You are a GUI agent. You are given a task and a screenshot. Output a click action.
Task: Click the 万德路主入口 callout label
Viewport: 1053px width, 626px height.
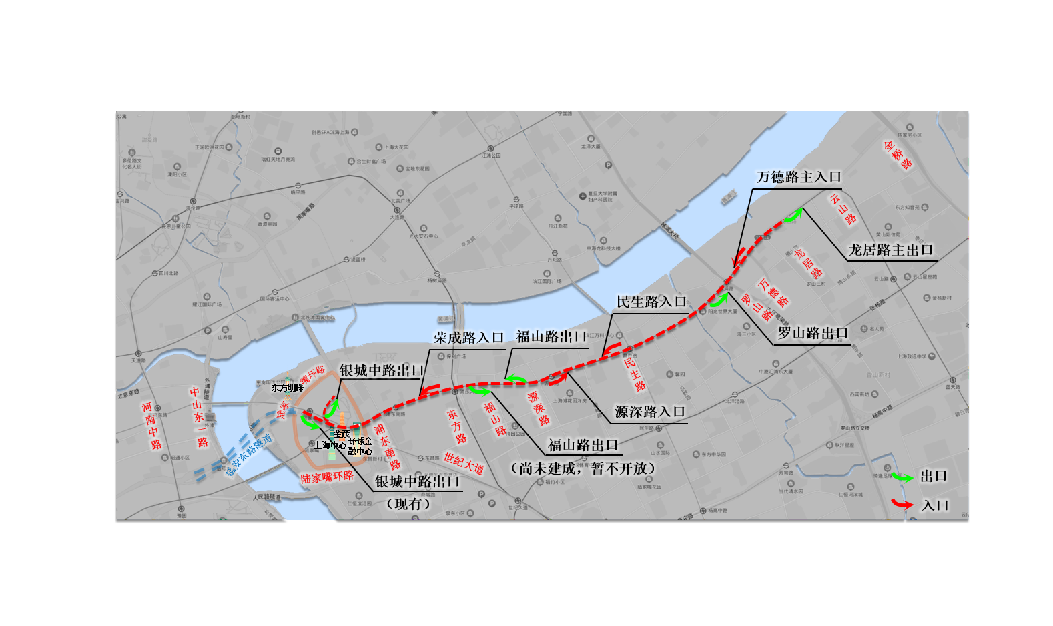799,177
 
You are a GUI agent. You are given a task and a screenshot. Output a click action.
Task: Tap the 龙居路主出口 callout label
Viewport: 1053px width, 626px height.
891,250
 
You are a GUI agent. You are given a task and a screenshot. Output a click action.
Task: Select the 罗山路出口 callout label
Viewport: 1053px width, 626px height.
813,333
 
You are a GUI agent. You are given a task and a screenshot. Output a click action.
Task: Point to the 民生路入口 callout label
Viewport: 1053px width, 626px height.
651,302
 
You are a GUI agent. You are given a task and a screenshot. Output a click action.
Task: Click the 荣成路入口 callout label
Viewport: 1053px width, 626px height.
468,338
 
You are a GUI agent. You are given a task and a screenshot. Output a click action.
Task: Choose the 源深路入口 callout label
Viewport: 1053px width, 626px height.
650,412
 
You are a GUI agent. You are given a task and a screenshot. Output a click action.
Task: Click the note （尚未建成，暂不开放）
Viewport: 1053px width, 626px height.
583,468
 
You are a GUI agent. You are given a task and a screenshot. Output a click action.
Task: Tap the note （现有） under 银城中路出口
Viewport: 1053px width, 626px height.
408,504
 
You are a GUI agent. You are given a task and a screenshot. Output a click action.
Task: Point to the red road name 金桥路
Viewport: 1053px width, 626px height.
898,155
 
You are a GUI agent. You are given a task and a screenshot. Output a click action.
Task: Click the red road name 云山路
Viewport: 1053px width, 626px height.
843,209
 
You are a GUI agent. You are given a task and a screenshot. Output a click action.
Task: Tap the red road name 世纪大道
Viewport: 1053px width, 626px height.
464,463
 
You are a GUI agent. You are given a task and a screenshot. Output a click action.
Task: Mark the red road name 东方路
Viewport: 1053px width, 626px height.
457,427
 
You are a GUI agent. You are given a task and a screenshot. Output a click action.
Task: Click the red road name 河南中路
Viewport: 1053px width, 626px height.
151,426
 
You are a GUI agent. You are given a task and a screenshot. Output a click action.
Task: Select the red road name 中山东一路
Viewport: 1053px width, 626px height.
199,417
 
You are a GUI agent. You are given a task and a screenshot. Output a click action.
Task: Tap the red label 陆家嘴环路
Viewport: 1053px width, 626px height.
326,477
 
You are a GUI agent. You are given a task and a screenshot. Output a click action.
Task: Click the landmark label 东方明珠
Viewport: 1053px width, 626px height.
287,388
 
